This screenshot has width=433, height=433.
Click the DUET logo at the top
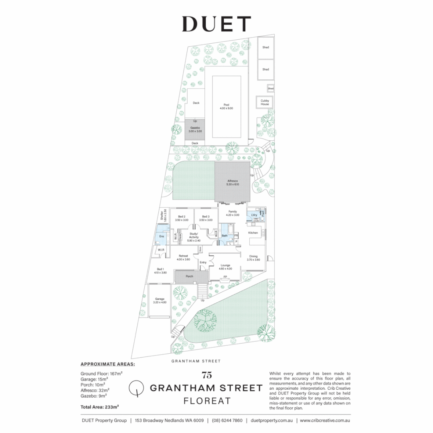(216, 24)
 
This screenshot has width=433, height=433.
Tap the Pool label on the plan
(227, 106)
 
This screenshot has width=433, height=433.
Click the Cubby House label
(265, 102)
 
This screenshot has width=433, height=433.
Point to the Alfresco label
(233, 182)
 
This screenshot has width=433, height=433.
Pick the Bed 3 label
(206, 218)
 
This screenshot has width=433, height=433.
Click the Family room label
(233, 213)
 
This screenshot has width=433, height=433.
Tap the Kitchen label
(253, 233)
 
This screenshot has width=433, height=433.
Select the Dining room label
(253, 258)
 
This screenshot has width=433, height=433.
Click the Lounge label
(225, 267)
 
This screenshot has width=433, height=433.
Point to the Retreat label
(183, 257)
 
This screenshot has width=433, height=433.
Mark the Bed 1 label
(160, 271)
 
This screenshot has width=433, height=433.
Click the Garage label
(160, 300)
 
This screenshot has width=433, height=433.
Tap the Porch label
(189, 276)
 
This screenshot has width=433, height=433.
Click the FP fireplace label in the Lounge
(225, 277)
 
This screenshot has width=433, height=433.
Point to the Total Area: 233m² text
(100, 407)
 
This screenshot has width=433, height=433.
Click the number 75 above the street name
(207, 376)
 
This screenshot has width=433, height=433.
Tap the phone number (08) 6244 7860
(227, 421)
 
